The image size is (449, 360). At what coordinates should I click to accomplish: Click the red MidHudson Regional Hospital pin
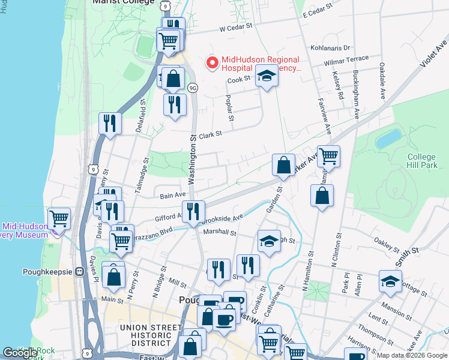click(211, 62)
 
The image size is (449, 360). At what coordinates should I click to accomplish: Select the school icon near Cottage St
click(390, 281)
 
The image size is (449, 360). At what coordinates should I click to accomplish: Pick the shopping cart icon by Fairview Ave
click(328, 157)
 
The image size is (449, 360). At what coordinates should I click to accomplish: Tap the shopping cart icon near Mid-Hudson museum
click(59, 218)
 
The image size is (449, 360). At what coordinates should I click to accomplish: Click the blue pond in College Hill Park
click(388, 139)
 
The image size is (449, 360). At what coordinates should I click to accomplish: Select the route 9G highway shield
click(193, 88)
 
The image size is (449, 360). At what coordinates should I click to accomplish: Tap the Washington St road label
click(193, 160)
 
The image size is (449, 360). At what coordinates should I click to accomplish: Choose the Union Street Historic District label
click(151, 335)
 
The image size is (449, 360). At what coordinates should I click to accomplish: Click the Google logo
click(20, 353)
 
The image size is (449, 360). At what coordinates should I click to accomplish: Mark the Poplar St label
click(229, 103)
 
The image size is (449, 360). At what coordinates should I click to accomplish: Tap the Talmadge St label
click(145, 173)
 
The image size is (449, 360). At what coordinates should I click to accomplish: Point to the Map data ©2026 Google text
click(411, 355)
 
